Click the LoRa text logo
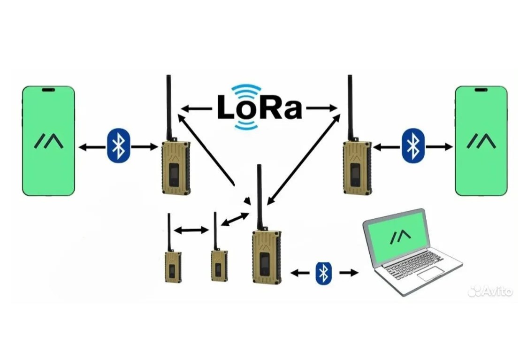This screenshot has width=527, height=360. point(259,107)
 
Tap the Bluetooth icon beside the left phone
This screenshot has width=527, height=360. point(119,146)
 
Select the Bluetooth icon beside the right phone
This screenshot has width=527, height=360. point(413,146)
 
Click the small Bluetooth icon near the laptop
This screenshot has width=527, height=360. point(323,272)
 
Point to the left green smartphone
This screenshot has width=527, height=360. point(48,140)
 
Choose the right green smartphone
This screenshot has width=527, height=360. point(481,140)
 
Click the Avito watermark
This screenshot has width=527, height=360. point(490,291)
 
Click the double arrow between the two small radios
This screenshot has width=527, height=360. point(191,230)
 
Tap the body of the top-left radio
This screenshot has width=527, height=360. point(176,168)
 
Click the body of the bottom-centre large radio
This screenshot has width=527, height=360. point(266,257)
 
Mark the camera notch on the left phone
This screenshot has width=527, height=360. point(48,89)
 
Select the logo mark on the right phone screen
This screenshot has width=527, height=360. point(481,141)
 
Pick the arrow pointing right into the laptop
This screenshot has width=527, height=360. point(349,272)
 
